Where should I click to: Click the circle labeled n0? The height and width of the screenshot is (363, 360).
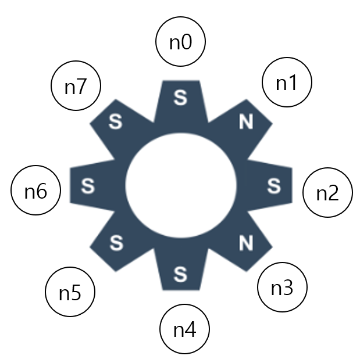click(181, 42)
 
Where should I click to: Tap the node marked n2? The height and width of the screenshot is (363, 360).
click(328, 193)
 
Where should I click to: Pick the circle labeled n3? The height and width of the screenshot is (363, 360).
click(282, 287)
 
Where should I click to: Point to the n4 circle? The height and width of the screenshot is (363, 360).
click(184, 330)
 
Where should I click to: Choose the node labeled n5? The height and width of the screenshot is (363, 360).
click(70, 293)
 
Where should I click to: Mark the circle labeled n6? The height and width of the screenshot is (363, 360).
click(36, 191)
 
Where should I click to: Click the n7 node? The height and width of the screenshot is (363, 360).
click(76, 87)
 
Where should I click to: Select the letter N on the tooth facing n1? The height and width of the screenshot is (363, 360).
click(246, 122)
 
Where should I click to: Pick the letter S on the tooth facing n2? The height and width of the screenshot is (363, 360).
click(273, 186)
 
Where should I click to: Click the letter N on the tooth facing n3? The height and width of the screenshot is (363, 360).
click(246, 243)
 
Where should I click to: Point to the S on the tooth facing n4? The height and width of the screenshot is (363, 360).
click(180, 272)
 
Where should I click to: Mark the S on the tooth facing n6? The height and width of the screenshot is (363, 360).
click(88, 186)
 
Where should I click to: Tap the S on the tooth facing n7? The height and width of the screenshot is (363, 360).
click(116, 122)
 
